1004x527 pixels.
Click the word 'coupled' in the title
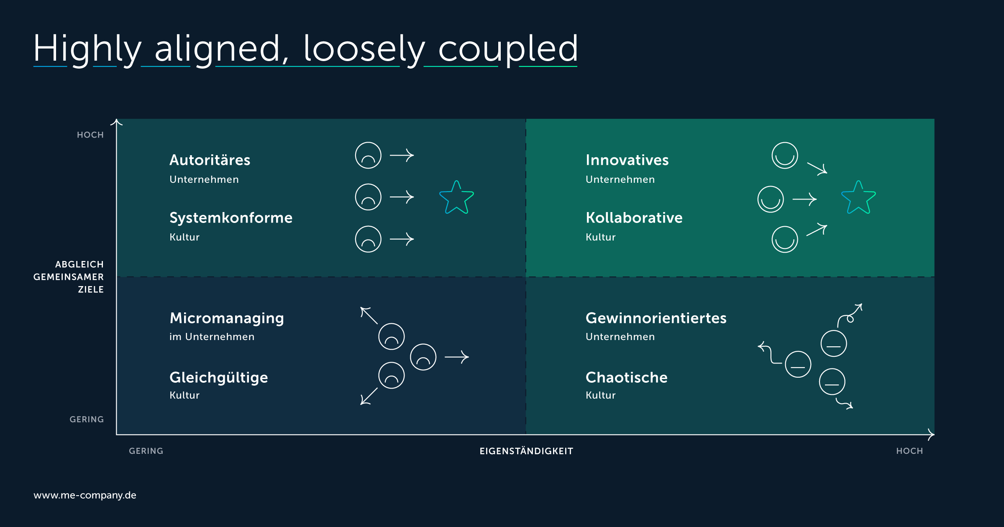point(508,49)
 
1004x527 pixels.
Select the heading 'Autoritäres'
point(210,160)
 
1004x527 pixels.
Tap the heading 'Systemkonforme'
point(231,217)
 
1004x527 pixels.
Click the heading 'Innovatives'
point(627,160)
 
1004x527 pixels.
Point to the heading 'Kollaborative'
point(634,217)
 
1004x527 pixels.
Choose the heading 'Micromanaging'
point(227,318)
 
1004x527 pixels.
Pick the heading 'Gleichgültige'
point(219,378)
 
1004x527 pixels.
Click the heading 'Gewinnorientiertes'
point(656,318)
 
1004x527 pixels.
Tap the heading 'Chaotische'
point(627,377)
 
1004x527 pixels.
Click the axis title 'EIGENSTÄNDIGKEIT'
point(526,451)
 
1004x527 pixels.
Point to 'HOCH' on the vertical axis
point(90,135)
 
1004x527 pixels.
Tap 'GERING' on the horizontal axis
point(146,451)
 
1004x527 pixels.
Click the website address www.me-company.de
point(85,495)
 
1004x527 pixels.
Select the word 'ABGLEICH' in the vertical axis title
point(79,264)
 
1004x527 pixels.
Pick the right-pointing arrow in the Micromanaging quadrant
point(456,357)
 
